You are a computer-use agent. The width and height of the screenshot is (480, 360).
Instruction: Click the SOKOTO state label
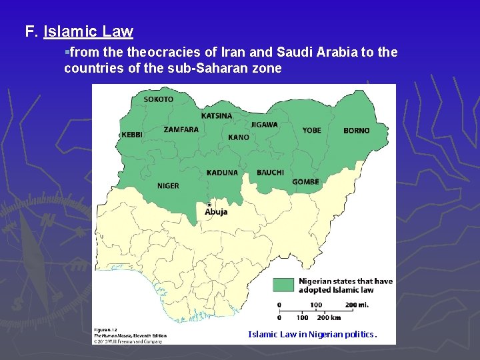[x=158, y=99]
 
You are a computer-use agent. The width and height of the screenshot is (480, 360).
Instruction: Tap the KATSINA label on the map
[x=217, y=116]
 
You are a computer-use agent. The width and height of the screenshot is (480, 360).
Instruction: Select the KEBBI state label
[x=132, y=135]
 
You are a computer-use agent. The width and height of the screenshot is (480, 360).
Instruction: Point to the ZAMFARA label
[x=181, y=129]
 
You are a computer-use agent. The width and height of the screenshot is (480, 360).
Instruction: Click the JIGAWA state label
[x=264, y=125]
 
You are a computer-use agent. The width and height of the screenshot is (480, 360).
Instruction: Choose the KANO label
[x=238, y=137]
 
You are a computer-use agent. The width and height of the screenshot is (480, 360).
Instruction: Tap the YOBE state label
[x=311, y=131]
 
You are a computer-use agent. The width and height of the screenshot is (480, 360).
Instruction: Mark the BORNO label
[x=356, y=131]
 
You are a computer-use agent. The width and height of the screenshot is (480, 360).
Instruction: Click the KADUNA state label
[x=222, y=173]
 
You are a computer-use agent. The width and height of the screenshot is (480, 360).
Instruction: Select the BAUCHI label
[x=270, y=173]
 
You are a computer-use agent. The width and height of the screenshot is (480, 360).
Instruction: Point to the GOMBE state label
[x=305, y=182]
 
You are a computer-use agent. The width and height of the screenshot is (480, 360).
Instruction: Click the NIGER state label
[x=168, y=186]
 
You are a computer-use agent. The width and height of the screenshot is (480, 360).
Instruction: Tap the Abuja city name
[x=216, y=212]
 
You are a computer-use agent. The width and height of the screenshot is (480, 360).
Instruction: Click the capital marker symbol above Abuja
[x=209, y=204]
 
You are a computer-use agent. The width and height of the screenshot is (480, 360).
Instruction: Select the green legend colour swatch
[x=283, y=285]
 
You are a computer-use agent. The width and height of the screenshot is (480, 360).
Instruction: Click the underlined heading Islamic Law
[x=88, y=31]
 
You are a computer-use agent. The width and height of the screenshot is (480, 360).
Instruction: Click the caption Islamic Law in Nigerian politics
[x=312, y=335]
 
